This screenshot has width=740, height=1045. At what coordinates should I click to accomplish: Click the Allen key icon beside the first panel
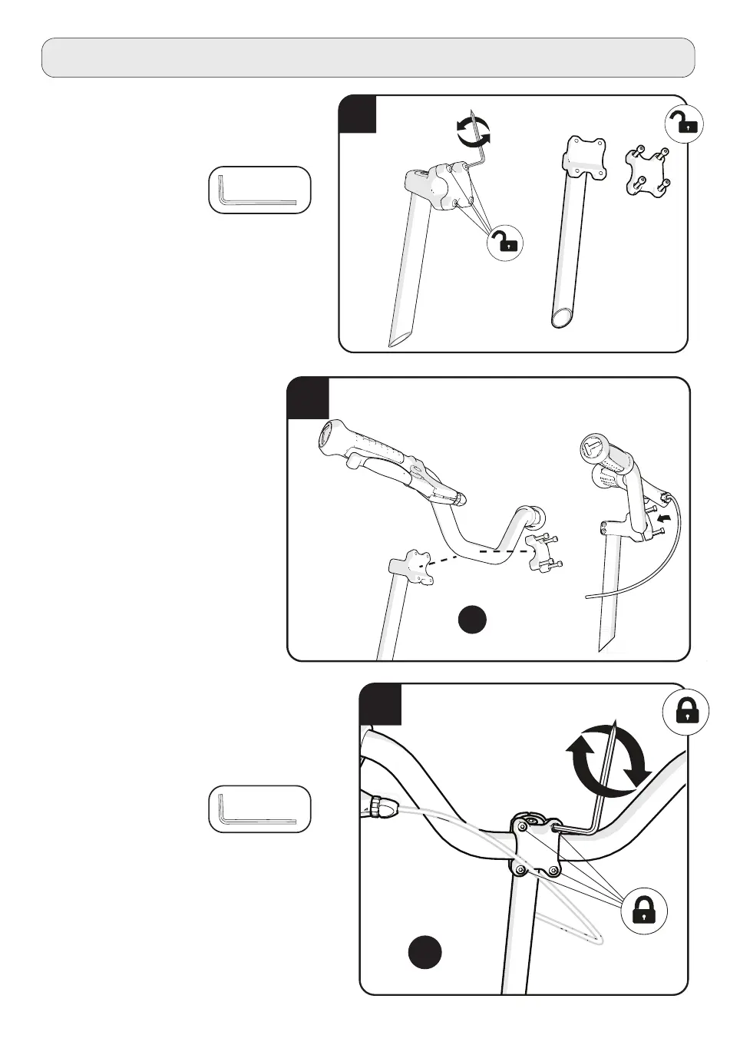259,190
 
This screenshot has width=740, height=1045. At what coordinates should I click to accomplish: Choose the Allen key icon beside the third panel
259,809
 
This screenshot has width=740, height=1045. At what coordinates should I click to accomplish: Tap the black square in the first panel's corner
358,114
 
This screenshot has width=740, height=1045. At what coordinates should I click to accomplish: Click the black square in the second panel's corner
308,398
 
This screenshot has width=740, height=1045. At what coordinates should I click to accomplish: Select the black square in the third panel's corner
381,704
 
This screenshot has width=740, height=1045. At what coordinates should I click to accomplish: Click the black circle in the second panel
473,620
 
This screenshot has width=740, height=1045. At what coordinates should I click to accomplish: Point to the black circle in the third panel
425,952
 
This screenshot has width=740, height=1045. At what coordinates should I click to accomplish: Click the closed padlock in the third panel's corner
685,712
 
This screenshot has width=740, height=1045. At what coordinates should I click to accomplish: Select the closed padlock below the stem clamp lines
643,911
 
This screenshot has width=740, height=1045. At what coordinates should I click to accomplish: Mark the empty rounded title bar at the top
368,58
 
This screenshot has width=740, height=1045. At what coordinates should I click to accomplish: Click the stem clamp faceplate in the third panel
536,848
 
